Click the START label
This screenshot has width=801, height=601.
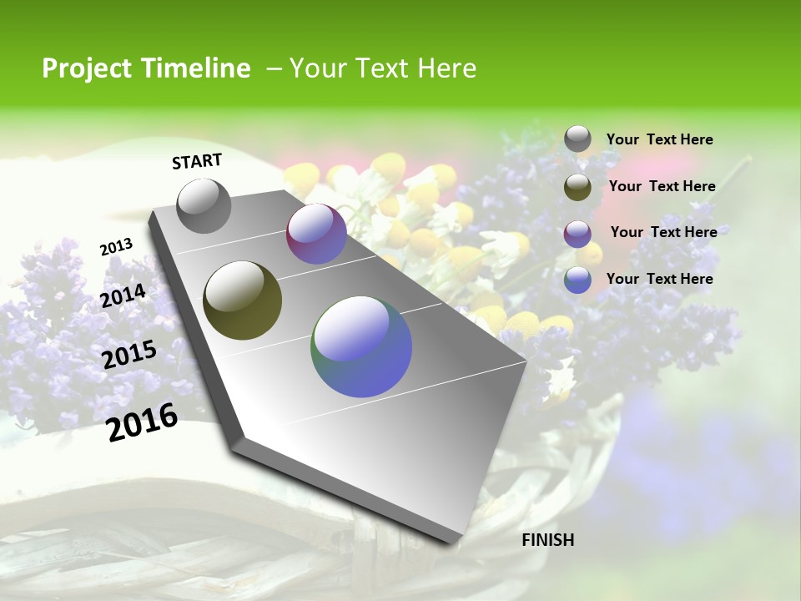(x=197, y=160)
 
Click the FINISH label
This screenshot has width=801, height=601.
(x=547, y=540)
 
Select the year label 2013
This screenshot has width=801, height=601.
(x=116, y=247)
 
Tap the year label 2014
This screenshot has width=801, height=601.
(x=123, y=295)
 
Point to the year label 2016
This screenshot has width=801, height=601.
(x=142, y=422)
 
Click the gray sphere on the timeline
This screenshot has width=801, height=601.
(x=204, y=205)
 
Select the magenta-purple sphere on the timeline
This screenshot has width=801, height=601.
(x=316, y=234)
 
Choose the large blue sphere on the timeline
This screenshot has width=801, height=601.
(x=361, y=346)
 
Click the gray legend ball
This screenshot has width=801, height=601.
(x=577, y=139)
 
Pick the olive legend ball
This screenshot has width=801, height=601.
(x=577, y=187)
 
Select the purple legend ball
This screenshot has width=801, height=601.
(x=577, y=233)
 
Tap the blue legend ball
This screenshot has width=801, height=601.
(x=577, y=280)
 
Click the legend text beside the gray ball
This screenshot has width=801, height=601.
(x=659, y=139)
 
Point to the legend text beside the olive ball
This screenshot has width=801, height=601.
(x=662, y=186)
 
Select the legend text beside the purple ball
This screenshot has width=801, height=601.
(x=663, y=232)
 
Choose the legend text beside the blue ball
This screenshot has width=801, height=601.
(x=659, y=279)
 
